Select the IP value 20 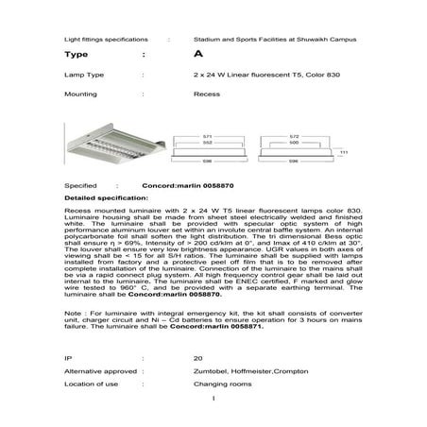tap(197, 359)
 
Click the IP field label tap(67, 359)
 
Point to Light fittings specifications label tap(104, 41)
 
